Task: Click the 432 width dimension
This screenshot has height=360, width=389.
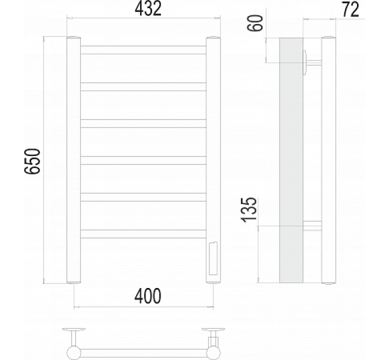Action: tap(148, 9)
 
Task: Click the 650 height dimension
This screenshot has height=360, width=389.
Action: tap(32, 161)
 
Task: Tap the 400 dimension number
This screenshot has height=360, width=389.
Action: tap(148, 296)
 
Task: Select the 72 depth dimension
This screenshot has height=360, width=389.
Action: tap(351, 9)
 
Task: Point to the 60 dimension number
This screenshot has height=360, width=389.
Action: tap(255, 23)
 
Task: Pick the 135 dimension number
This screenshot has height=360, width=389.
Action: tap(249, 210)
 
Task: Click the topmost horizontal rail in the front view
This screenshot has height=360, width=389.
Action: tap(144, 50)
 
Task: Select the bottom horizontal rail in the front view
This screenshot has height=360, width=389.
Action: tap(144, 234)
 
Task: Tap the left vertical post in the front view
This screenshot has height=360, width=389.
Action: tap(74, 160)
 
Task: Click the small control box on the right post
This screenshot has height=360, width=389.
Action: tap(213, 258)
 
